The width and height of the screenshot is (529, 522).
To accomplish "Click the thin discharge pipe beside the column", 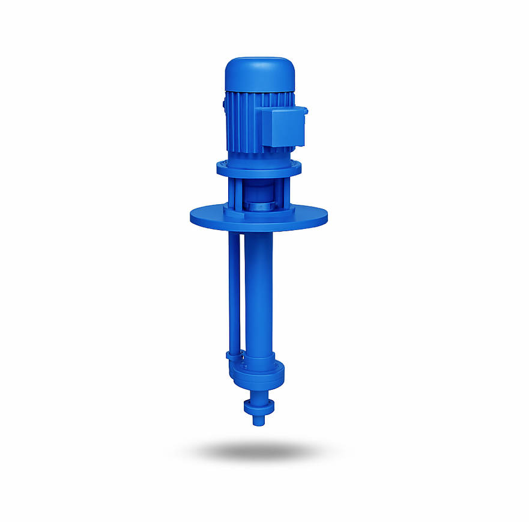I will tap(234, 288).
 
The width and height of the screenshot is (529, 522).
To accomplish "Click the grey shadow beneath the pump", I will tap(259, 450).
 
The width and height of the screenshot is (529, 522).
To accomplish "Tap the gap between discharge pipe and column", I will tap(242, 288).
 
